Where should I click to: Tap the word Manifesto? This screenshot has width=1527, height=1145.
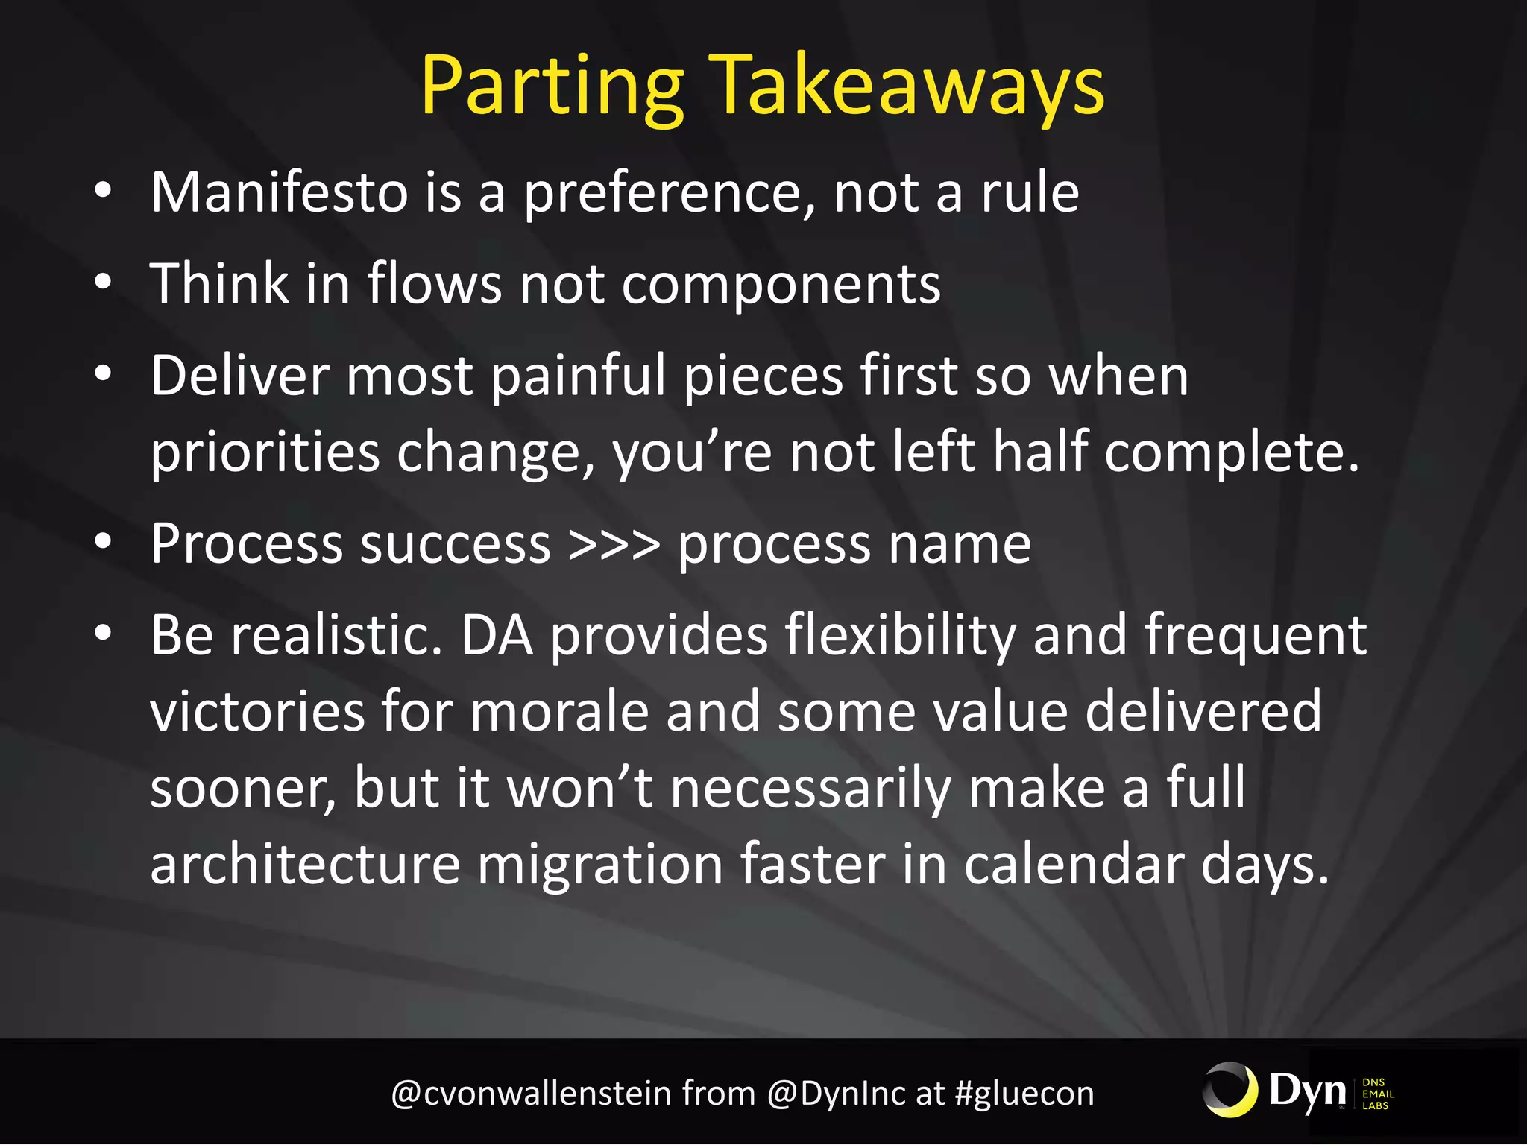tap(279, 192)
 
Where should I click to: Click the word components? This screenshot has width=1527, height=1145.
tap(781, 286)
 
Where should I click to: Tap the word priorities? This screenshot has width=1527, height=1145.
tap(265, 452)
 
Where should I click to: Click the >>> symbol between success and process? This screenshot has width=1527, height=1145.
tap(614, 544)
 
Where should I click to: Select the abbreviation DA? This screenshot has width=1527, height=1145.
tap(497, 635)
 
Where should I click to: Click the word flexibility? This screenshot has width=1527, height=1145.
tap(900, 635)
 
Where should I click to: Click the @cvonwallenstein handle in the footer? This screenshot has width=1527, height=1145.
tap(531, 1094)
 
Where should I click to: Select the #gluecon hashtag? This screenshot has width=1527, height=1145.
tap(1024, 1094)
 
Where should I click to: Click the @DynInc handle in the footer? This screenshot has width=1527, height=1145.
tap(837, 1094)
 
